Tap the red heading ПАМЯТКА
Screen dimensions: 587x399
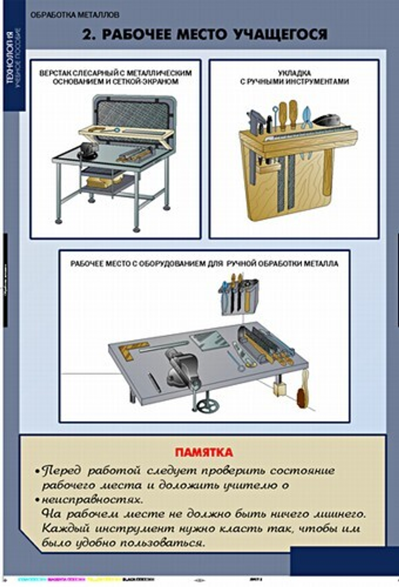pos(203,452)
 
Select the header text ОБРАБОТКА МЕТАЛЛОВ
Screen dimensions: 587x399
pos(75,16)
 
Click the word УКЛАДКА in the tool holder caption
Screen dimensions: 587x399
pos(294,73)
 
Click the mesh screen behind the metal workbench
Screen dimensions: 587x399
pos(134,114)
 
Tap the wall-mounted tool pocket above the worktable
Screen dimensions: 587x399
pos(239,297)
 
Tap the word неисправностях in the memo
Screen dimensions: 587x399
pos(87,500)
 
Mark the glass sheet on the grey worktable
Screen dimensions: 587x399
pos(209,341)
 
